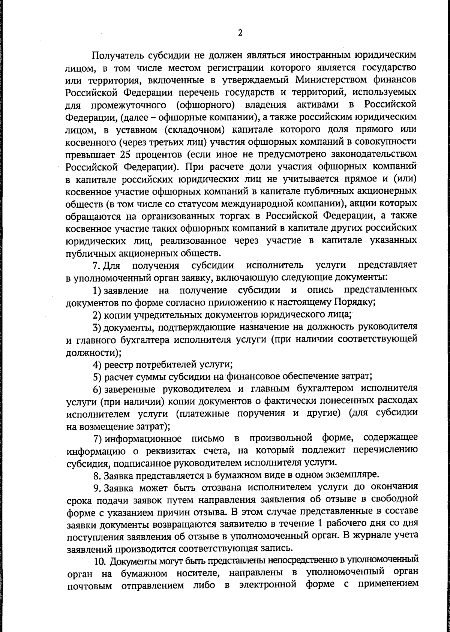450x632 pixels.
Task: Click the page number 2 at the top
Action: [240, 33]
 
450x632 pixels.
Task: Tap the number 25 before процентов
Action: [125, 154]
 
